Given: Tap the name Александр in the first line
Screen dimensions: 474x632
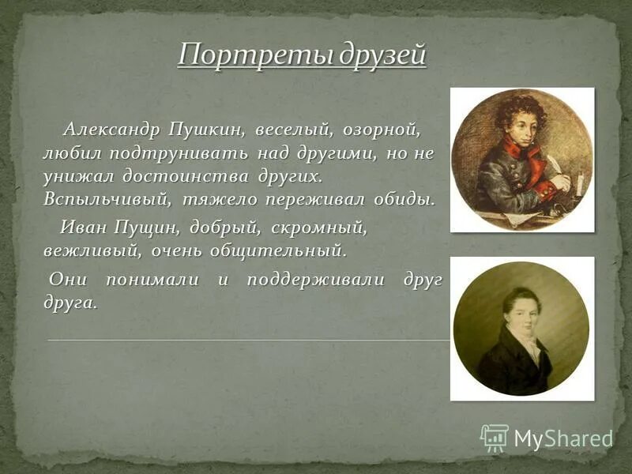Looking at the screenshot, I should click(112, 128).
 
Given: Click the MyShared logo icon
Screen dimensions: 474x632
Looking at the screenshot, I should click(495, 437).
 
